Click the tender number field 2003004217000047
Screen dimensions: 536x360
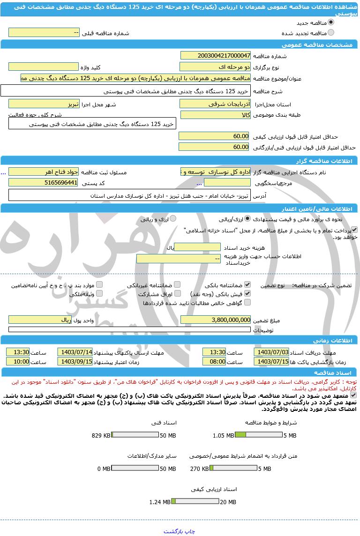pyautogui.click(x=215, y=55)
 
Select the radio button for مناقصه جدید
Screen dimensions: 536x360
pyautogui.click(x=331, y=22)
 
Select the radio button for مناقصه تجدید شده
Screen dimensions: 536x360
pyautogui.click(x=331, y=32)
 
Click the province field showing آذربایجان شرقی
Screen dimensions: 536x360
pyautogui.click(x=215, y=104)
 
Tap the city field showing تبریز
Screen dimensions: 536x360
pyautogui.click(x=44, y=104)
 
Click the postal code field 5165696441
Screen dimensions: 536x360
pyautogui.click(x=44, y=182)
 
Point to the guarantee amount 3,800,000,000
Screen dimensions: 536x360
pyautogui.click(x=215, y=320)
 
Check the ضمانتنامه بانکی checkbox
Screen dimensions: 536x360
pyautogui.click(x=247, y=284)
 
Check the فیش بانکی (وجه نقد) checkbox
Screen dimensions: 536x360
pyautogui.click(x=247, y=293)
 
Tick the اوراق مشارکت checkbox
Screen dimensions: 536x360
pyautogui.click(x=177, y=293)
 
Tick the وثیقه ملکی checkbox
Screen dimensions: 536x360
pyautogui.click(x=99, y=293)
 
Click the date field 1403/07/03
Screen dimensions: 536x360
pyautogui.click(x=271, y=352)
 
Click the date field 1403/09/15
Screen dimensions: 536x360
pyautogui.click(x=75, y=361)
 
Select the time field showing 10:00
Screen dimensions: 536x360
pyautogui.click(x=18, y=361)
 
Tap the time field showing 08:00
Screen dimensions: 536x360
pyautogui.click(x=215, y=361)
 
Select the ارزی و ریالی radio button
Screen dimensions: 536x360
pyautogui.click(x=173, y=218)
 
